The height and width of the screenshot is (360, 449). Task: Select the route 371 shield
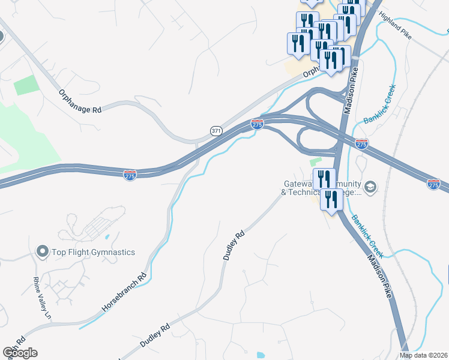(217, 130)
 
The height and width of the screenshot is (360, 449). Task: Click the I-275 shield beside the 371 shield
(257, 124)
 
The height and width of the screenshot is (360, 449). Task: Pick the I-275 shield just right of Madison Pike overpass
(361, 145)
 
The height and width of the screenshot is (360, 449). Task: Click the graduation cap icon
(370, 187)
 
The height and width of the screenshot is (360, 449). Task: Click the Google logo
(19, 353)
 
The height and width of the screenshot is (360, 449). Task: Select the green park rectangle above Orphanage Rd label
(26, 85)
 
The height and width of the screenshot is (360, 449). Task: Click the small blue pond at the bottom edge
(261, 355)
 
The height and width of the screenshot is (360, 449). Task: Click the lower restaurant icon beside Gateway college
(331, 200)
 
